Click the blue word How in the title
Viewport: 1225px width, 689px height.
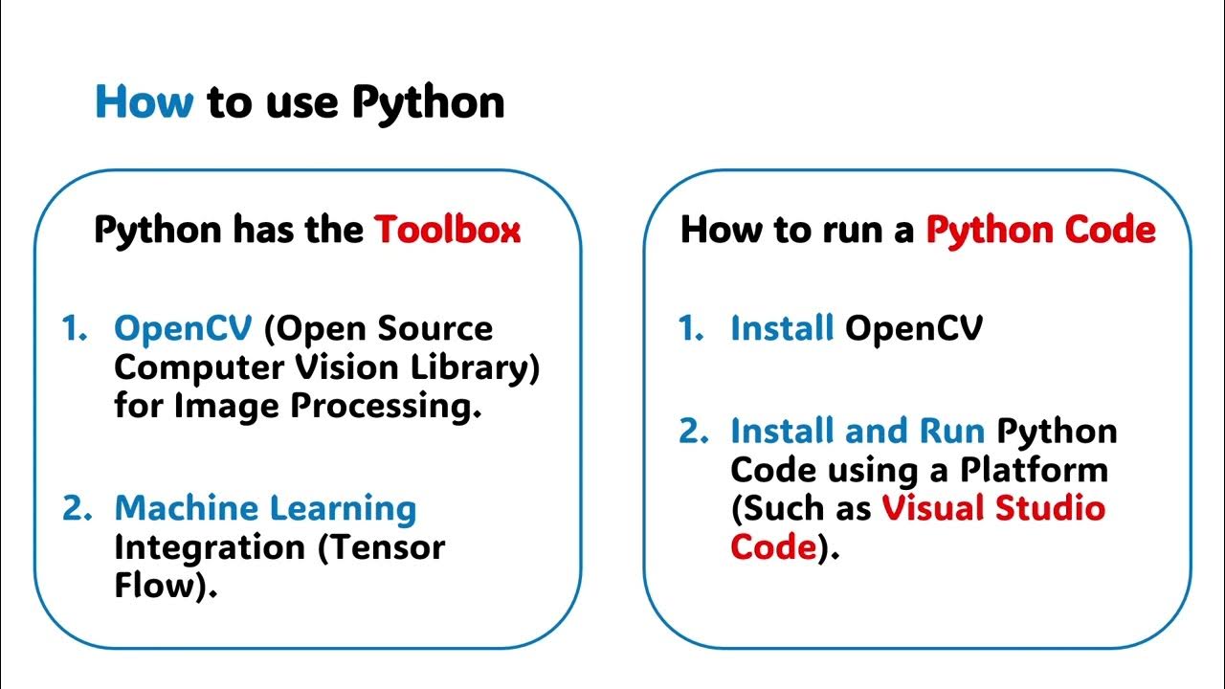coord(144,101)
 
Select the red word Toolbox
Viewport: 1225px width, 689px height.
coord(447,230)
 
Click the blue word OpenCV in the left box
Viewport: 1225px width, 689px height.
coord(183,329)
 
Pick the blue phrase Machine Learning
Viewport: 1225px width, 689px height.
coord(265,508)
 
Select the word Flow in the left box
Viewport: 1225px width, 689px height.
coord(153,586)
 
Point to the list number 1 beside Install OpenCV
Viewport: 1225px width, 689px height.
coord(689,329)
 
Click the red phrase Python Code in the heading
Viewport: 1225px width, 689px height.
coord(1040,230)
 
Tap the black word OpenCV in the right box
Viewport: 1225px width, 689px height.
coord(914,329)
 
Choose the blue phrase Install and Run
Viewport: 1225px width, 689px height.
coord(857,431)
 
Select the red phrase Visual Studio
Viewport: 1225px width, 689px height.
coord(993,508)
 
